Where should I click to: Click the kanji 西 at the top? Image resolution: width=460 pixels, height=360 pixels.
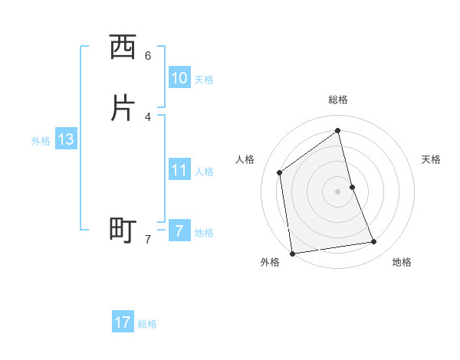point(123,48)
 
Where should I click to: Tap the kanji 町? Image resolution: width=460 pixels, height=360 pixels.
point(123,230)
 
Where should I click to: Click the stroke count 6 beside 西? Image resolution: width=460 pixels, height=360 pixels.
point(148,56)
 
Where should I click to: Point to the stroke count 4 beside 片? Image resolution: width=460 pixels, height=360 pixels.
point(148,116)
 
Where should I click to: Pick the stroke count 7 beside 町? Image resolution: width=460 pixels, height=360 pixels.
point(148,239)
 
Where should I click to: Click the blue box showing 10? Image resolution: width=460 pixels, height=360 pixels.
point(179,78)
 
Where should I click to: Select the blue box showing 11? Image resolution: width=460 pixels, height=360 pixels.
point(179,170)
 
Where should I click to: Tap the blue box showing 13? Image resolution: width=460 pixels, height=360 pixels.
point(66,140)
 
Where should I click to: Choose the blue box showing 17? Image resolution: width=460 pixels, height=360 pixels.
point(123,322)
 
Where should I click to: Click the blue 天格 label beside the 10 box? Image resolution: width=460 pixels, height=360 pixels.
point(204,80)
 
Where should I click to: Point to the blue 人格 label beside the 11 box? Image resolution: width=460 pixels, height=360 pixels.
point(204,172)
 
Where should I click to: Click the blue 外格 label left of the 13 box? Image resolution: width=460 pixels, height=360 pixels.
point(41,141)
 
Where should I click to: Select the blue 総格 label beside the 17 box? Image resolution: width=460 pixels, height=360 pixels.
point(147,324)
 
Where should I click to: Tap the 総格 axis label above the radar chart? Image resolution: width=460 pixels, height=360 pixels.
point(338,100)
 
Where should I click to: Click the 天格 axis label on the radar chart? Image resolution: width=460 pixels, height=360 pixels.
point(432,159)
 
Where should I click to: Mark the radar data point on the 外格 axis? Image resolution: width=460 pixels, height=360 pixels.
point(292,253)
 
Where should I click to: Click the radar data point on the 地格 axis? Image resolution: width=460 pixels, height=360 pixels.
point(374,242)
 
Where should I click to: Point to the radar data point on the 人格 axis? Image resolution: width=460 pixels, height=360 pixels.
point(280,172)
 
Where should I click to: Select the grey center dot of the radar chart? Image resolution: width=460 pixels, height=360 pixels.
point(338,191)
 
